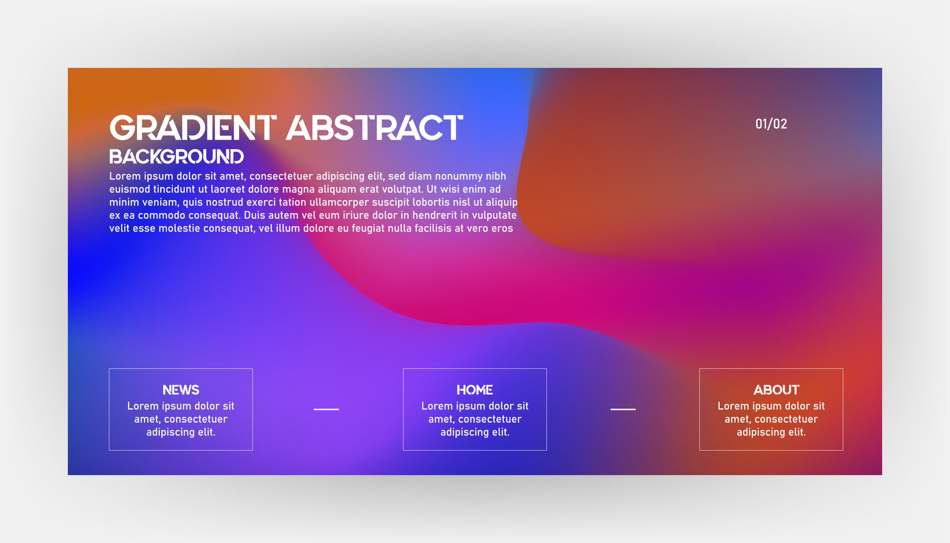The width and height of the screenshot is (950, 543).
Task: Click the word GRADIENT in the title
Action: point(192,128)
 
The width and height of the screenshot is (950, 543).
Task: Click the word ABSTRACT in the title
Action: point(375,128)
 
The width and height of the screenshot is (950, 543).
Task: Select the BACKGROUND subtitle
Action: point(176,157)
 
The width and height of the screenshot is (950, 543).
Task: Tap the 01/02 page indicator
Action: point(771,124)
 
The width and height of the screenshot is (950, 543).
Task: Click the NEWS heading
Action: point(181,390)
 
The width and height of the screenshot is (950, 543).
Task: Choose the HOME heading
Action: point(475,390)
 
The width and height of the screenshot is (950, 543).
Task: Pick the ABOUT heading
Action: point(776,390)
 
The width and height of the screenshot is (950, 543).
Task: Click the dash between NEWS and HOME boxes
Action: point(326,409)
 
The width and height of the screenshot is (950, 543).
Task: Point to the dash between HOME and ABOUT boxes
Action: point(623,409)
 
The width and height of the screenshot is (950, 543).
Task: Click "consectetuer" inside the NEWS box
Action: point(195,419)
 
